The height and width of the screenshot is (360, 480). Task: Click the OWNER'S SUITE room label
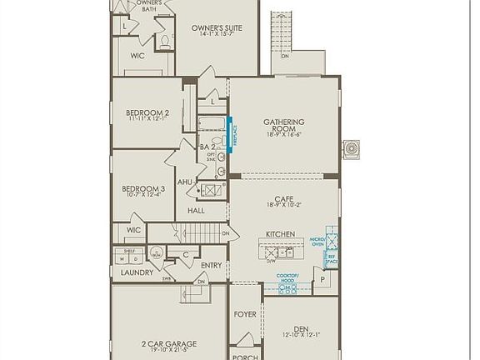point(217,28)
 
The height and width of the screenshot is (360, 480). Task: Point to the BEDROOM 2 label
point(147,113)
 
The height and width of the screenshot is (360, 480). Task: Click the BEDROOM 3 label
point(143,189)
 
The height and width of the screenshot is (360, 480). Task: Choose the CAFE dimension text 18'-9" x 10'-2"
point(284,204)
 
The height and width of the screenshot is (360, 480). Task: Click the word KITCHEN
point(280,234)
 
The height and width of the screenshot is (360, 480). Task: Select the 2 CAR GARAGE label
point(169,342)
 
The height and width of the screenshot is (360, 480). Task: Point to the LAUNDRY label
point(137,272)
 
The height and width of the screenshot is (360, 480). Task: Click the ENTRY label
point(212,265)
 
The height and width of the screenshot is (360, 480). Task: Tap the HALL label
point(196,211)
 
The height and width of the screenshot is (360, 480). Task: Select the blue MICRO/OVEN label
point(317,242)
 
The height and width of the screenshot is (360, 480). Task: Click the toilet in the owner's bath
point(164,41)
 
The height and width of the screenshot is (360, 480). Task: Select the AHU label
point(185,182)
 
